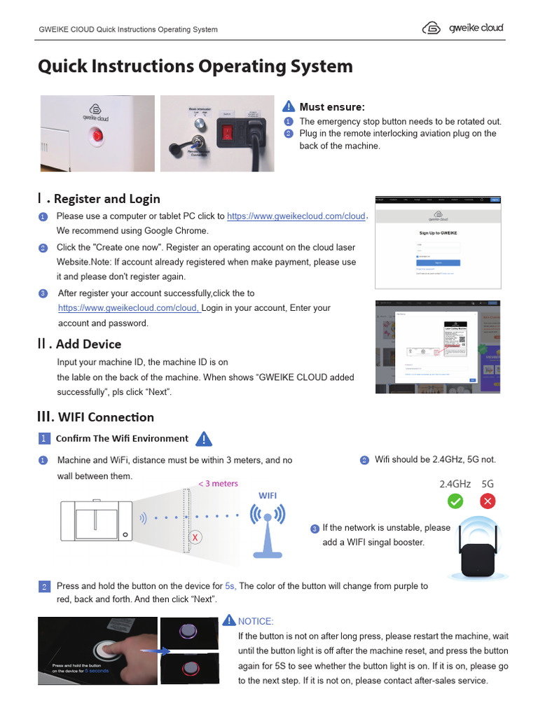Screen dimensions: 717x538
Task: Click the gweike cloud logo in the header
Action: [x=462, y=28]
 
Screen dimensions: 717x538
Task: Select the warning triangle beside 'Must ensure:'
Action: [x=289, y=106]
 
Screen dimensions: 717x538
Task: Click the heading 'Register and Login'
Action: [x=106, y=199]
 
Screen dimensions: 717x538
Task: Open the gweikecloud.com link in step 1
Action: [x=296, y=216]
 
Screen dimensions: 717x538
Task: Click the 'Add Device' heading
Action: [x=88, y=344]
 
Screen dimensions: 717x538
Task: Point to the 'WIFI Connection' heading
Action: [x=106, y=417]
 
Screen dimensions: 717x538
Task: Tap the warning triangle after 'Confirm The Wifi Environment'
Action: [x=203, y=439]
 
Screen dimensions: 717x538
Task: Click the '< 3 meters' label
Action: [x=218, y=483]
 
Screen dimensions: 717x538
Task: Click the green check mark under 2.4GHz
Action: [x=455, y=501]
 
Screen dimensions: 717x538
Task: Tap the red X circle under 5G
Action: [x=488, y=501]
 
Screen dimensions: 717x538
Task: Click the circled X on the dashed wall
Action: [x=195, y=537]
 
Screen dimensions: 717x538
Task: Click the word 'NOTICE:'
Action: [x=256, y=621]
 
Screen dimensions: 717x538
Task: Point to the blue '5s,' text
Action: [x=230, y=586]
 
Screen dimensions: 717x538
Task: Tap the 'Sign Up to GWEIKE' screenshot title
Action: [x=438, y=233]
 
